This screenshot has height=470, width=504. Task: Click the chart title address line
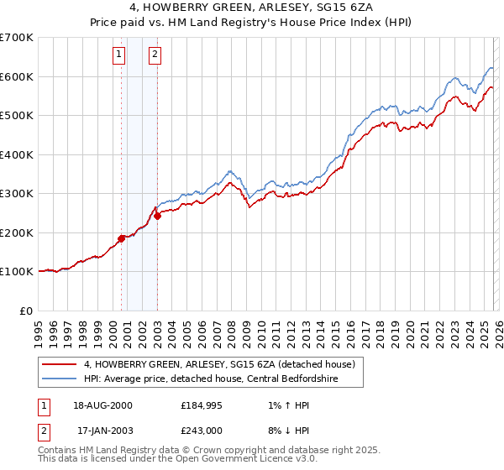click(x=252, y=8)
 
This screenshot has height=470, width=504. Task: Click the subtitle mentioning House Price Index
click(x=252, y=23)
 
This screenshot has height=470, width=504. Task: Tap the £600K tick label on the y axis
click(x=17, y=76)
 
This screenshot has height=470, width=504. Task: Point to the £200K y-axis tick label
click(x=17, y=232)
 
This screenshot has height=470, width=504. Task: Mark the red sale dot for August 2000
click(x=121, y=238)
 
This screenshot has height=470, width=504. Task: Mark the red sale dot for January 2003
click(x=157, y=216)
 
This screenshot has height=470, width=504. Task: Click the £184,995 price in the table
click(x=201, y=406)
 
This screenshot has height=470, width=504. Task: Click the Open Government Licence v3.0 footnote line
click(x=178, y=460)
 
